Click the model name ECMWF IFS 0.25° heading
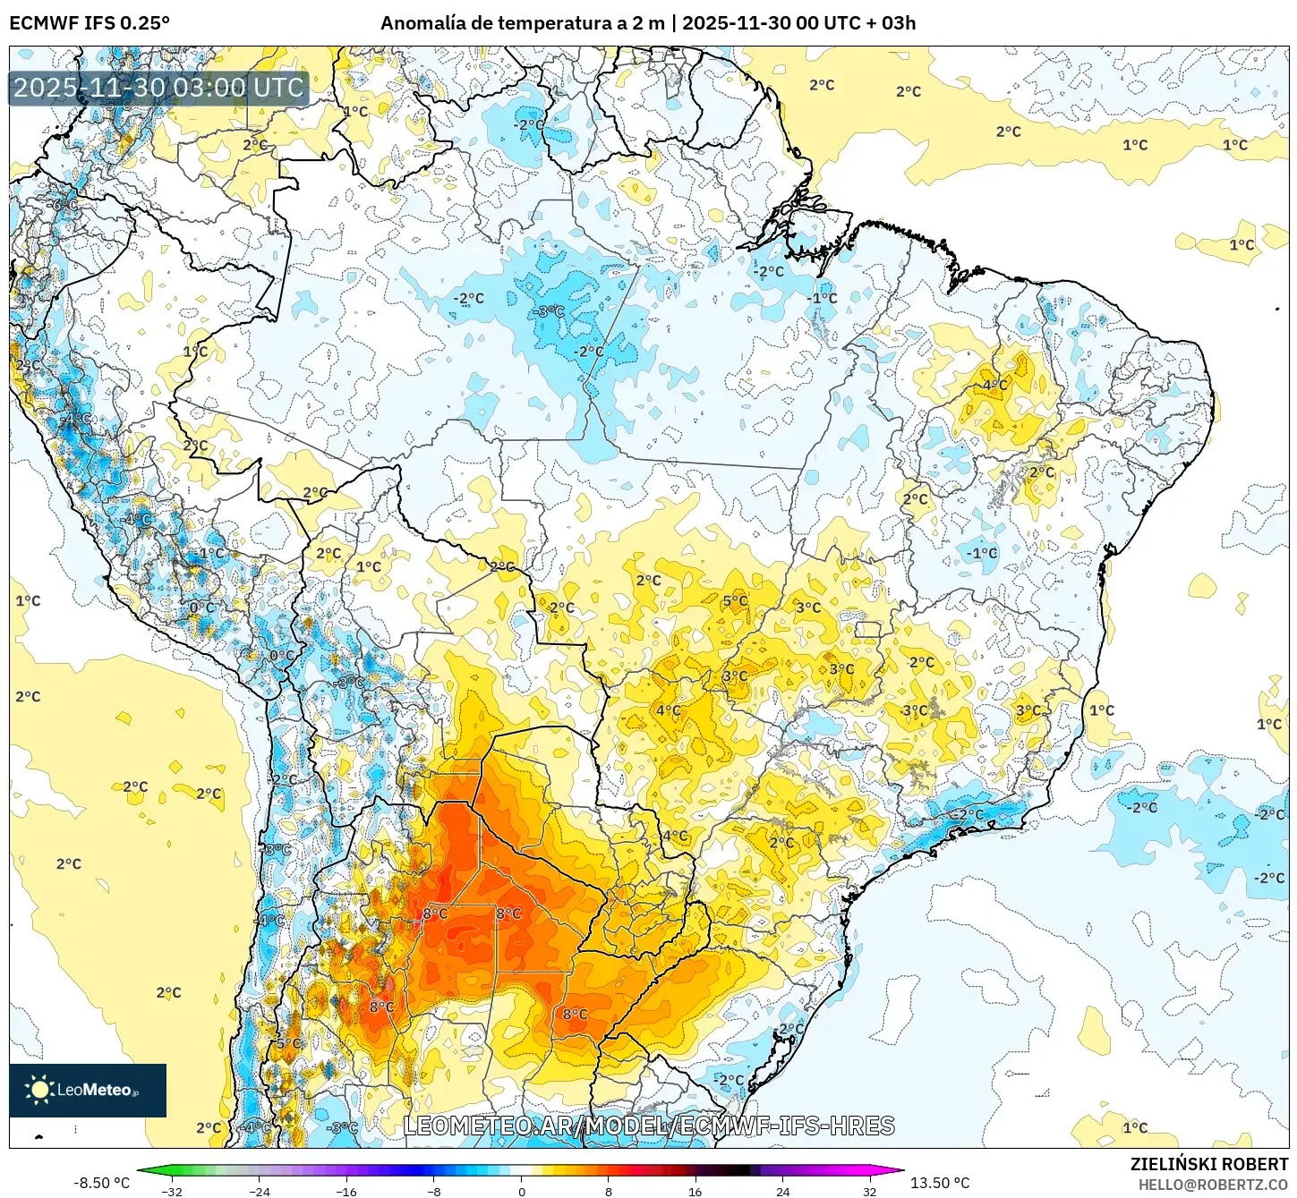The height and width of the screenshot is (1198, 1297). (90, 23)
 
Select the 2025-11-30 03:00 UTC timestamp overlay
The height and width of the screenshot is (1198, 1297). (158, 88)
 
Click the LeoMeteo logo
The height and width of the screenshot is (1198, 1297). (88, 1090)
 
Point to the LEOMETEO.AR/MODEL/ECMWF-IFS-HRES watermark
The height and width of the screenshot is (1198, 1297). (649, 1126)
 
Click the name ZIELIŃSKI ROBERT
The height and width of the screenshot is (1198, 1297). (1208, 1164)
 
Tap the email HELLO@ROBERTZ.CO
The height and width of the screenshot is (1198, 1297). (1213, 1185)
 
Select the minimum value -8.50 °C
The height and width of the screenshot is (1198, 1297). (101, 1183)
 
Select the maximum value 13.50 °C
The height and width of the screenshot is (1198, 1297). (940, 1183)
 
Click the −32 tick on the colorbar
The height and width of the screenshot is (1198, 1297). (171, 1192)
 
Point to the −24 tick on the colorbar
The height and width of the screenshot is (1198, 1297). (259, 1192)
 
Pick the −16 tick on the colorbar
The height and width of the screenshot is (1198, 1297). (346, 1192)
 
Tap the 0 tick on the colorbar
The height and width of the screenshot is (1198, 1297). (522, 1192)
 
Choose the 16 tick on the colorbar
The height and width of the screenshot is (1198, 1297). (695, 1192)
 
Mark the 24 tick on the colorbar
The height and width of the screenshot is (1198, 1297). (783, 1192)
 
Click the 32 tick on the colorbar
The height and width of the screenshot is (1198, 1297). (870, 1192)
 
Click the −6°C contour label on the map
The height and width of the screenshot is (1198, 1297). (63, 205)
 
